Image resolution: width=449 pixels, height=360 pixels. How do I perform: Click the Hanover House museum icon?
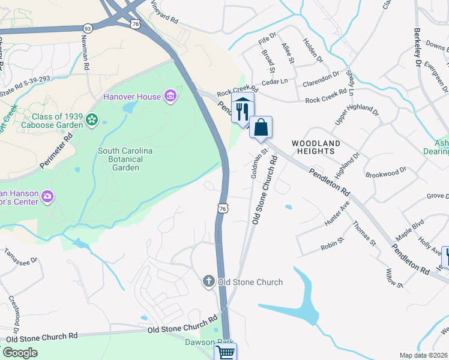pyautogui.click(x=170, y=97)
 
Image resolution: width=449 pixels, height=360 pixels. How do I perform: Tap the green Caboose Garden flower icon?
pyautogui.click(x=92, y=121)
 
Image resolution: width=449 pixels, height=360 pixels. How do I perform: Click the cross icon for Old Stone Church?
pyautogui.click(x=208, y=281)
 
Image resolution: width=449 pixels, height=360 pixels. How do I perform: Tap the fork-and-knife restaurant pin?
pyautogui.click(x=243, y=110)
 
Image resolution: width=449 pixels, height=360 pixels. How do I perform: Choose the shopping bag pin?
pyautogui.click(x=261, y=128)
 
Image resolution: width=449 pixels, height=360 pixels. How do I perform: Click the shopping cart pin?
pyautogui.click(x=226, y=352)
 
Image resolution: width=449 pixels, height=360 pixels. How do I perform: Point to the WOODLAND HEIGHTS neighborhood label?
pyautogui.click(x=316, y=147)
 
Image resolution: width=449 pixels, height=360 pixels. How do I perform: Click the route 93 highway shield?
pyautogui.click(x=88, y=28)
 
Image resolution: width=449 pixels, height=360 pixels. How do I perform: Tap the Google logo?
pyautogui.click(x=20, y=353)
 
